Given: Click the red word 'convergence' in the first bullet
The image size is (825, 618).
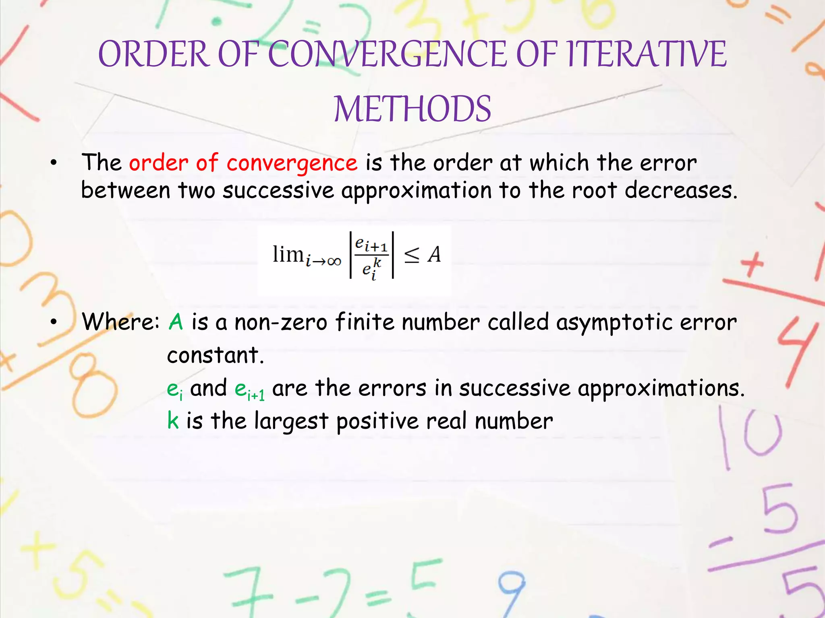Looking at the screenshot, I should [x=292, y=163].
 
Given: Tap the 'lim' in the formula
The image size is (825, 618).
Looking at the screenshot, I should [x=288, y=254].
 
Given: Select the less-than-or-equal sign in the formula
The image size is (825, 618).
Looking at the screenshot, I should [x=412, y=254].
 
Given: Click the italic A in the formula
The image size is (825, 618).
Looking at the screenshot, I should [x=434, y=254].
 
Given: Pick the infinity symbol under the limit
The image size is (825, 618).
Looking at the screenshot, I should [x=334, y=262].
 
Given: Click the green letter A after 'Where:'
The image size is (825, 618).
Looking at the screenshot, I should [x=176, y=322].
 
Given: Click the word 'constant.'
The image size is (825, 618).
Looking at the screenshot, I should [x=216, y=355].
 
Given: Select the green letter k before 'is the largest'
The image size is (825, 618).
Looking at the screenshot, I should [x=173, y=421].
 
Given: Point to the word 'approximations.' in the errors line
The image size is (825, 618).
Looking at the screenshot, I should [x=661, y=389].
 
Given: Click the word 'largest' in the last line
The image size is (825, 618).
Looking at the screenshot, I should [x=291, y=422].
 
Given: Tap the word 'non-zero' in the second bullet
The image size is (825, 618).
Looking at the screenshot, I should [x=281, y=322].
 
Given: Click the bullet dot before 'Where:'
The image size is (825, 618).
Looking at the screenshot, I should [x=54, y=322].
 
